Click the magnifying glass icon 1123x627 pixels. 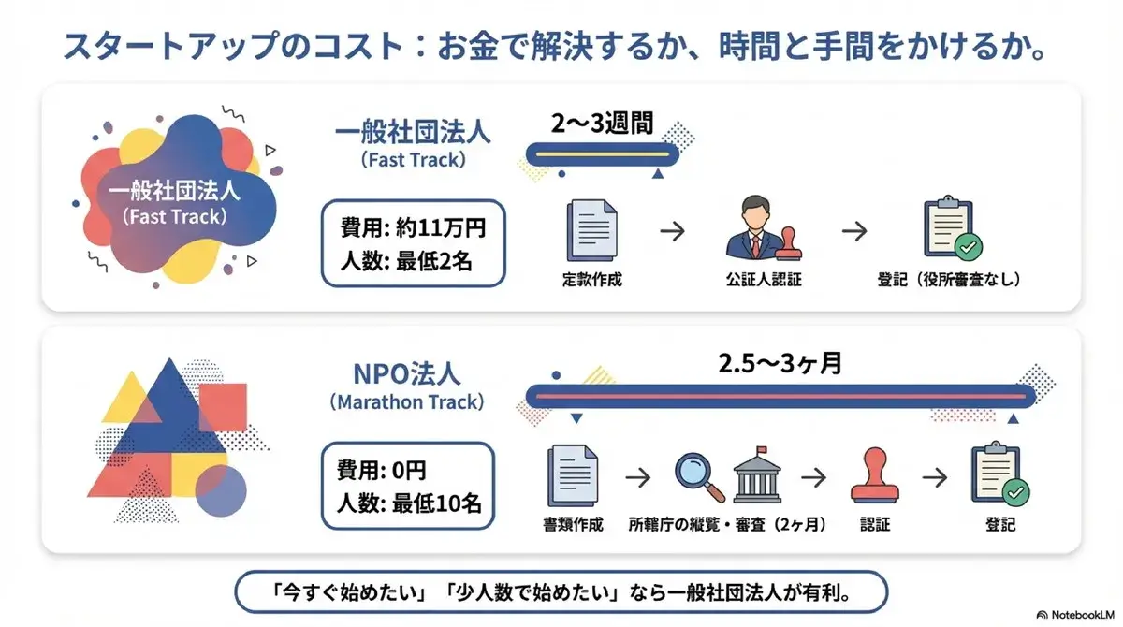[699, 475]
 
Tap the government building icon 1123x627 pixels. [758, 474]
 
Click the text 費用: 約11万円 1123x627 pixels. [406, 228]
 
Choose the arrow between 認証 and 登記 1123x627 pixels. [934, 475]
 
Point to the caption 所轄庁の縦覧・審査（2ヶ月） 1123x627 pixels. [727, 524]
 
